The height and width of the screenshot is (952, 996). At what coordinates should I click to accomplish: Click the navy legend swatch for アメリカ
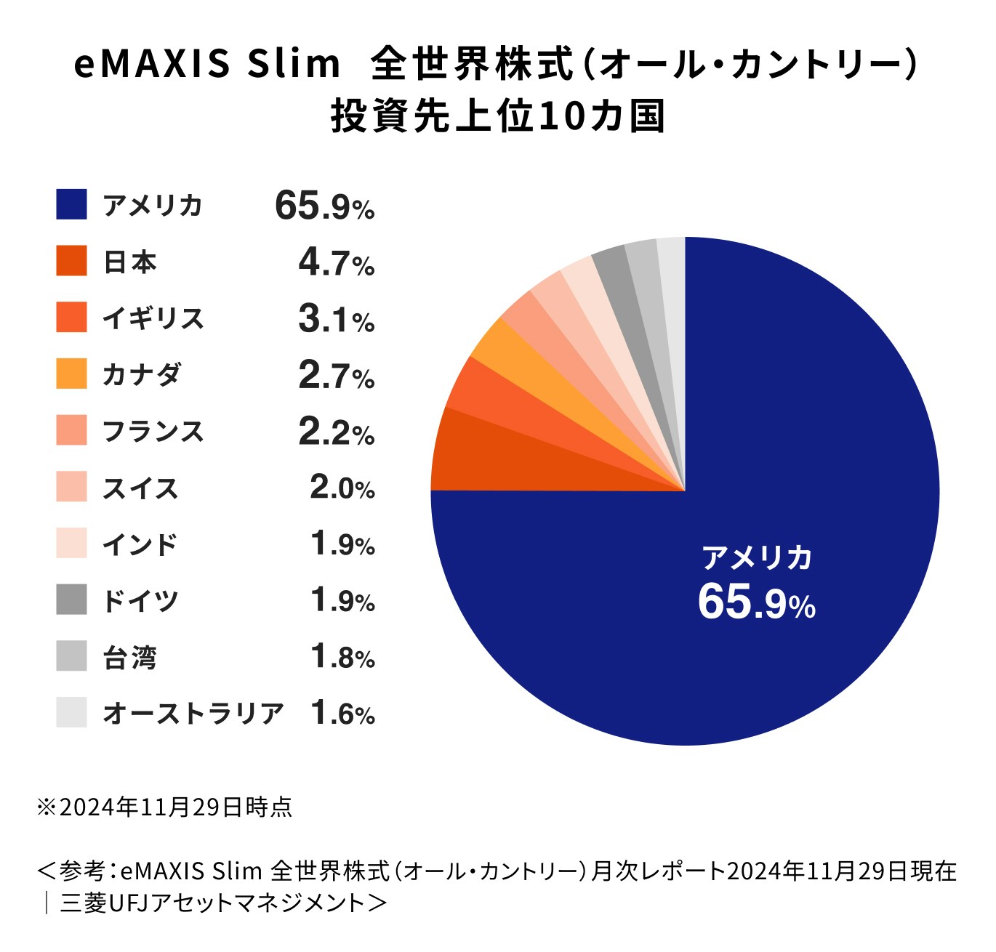pyautogui.click(x=71, y=204)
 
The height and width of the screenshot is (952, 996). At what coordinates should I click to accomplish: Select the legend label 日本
pyautogui.click(x=130, y=262)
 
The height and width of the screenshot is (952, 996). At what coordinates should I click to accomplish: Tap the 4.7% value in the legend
pyautogui.click(x=336, y=262)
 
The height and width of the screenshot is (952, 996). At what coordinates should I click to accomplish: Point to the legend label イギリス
pyautogui.click(x=153, y=318)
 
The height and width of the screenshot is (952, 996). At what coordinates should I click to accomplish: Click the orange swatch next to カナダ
pyautogui.click(x=71, y=374)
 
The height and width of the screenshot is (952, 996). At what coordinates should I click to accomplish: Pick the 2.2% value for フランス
pyautogui.click(x=336, y=432)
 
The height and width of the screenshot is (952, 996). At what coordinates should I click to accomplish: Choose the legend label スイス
pyautogui.click(x=140, y=488)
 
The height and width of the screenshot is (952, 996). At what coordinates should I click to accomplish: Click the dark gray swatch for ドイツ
pyautogui.click(x=71, y=600)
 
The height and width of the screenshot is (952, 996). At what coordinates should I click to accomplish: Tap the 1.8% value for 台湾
pyautogui.click(x=342, y=657)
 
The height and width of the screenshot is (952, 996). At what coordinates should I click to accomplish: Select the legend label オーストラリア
pyautogui.click(x=193, y=713)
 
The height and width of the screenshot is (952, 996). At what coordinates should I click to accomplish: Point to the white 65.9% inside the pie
pyautogui.click(x=756, y=602)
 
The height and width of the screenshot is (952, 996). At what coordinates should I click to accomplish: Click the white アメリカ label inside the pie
pyautogui.click(x=756, y=557)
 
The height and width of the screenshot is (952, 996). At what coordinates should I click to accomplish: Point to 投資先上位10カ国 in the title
pyautogui.click(x=498, y=116)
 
